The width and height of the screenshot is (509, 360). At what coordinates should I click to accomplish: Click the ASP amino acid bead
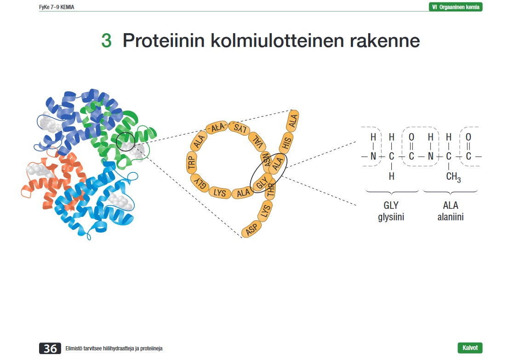tap(251, 229)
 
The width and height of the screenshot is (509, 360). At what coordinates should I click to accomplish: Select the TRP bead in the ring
tap(192, 164)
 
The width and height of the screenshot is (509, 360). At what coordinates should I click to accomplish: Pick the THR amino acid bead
tap(270, 190)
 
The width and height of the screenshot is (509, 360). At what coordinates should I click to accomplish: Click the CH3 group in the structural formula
tap(453, 177)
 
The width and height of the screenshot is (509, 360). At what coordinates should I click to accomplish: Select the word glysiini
tap(391, 217)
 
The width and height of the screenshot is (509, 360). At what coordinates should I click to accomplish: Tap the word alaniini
tap(451, 217)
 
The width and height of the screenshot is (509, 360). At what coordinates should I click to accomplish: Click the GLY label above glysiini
tap(391, 206)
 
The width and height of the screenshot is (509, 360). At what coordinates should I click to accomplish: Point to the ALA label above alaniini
tap(451, 206)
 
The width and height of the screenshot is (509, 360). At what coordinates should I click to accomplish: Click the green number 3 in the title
tap(106, 41)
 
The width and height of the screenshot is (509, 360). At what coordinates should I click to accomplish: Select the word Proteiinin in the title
tap(163, 41)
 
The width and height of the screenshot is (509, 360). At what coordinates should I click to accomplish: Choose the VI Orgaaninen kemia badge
tap(455, 7)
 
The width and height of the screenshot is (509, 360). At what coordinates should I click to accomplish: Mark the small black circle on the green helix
tap(125, 143)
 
